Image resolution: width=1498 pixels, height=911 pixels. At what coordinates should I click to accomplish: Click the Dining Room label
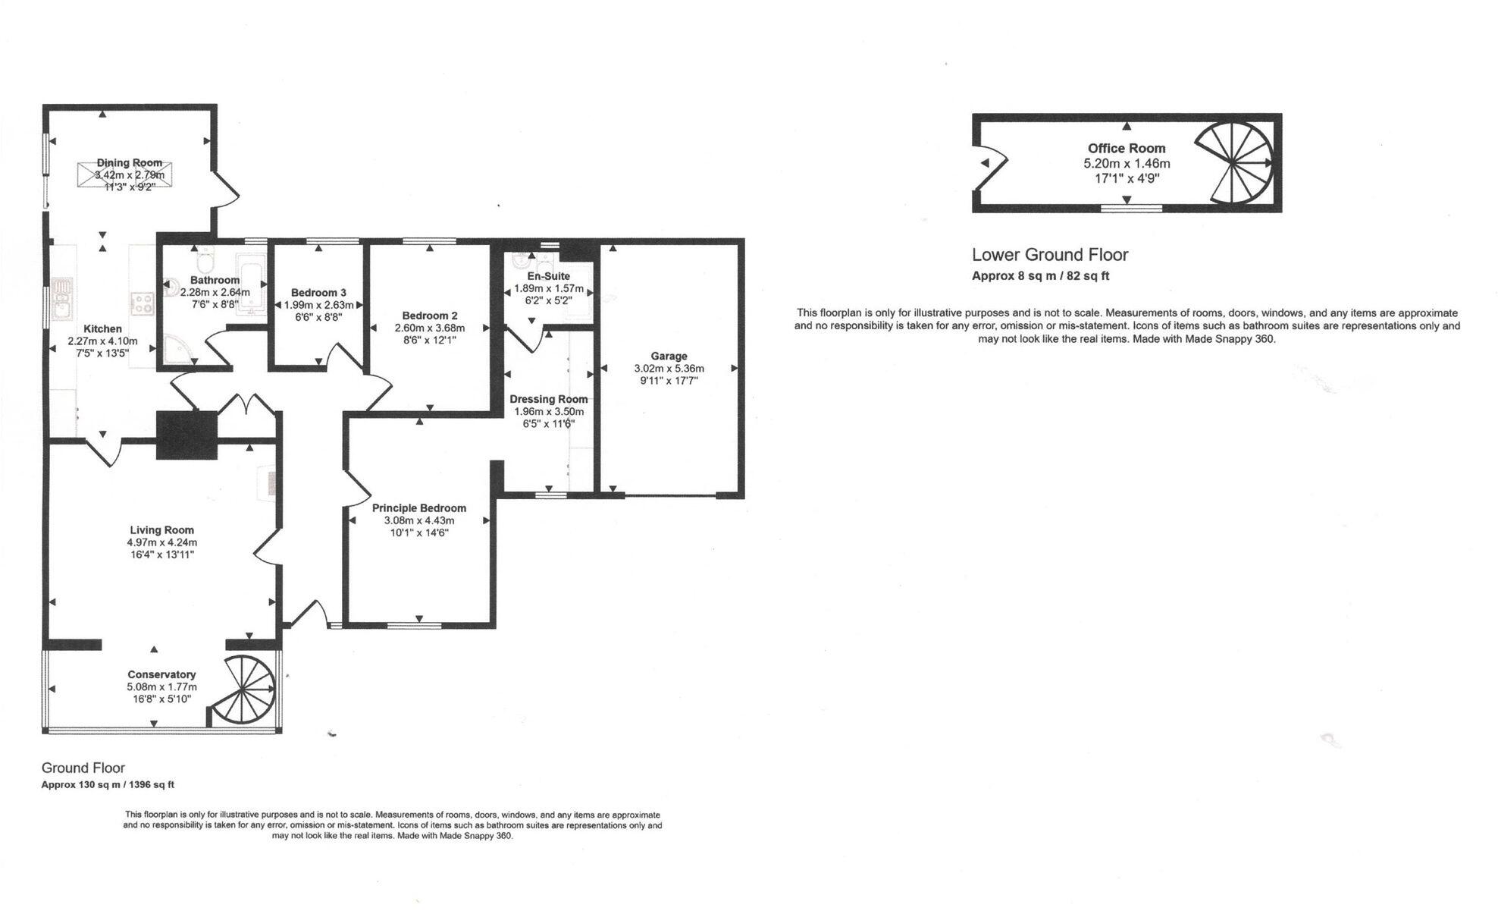129,162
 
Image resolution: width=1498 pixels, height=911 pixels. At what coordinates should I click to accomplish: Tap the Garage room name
669,356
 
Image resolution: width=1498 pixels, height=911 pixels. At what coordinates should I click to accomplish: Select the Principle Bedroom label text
418,508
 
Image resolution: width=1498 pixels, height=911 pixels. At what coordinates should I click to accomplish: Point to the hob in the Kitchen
142,303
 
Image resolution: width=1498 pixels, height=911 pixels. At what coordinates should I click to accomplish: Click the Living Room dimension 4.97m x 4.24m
161,542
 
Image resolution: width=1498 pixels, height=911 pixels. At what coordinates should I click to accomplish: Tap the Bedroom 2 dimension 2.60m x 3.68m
429,328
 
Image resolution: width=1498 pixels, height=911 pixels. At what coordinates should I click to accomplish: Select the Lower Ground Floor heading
1050,255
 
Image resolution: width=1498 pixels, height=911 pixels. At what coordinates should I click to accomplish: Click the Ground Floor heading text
83,768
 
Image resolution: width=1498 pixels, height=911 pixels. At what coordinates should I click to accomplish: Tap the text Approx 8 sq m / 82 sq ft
1040,276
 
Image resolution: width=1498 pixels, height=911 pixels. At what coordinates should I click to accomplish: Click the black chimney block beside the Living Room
186,435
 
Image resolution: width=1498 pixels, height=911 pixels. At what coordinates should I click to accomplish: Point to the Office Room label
1127,149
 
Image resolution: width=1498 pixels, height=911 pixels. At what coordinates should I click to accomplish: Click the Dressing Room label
548,399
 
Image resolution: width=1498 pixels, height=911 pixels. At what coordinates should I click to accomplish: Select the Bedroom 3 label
318,293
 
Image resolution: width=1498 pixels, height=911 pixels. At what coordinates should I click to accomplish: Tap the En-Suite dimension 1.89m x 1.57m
549,288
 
